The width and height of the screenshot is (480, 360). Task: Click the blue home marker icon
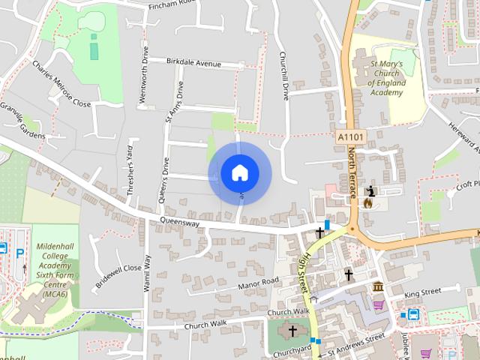[x=239, y=172]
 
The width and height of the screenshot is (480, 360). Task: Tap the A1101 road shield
[x=351, y=137]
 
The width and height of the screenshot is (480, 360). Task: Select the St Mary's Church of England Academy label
[x=387, y=79]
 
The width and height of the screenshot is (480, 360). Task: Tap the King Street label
[x=422, y=291]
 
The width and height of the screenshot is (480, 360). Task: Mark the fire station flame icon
[x=368, y=202]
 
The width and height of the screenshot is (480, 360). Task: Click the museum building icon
[x=379, y=287]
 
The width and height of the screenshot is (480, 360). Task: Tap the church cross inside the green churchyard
[x=292, y=330]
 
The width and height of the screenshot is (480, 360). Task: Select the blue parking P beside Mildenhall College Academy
[x=20, y=253]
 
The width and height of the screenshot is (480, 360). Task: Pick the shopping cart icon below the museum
[x=378, y=305]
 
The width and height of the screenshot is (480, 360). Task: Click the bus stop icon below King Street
[x=413, y=313]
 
